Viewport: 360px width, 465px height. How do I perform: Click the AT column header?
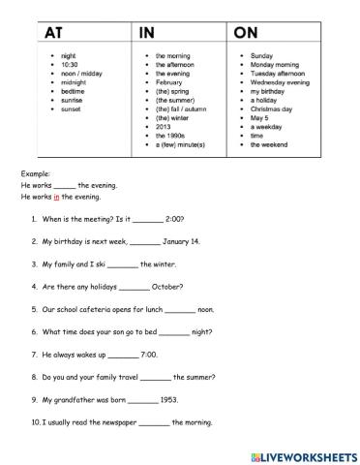(x=45, y=32)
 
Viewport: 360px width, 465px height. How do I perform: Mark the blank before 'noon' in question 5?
(x=180, y=309)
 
